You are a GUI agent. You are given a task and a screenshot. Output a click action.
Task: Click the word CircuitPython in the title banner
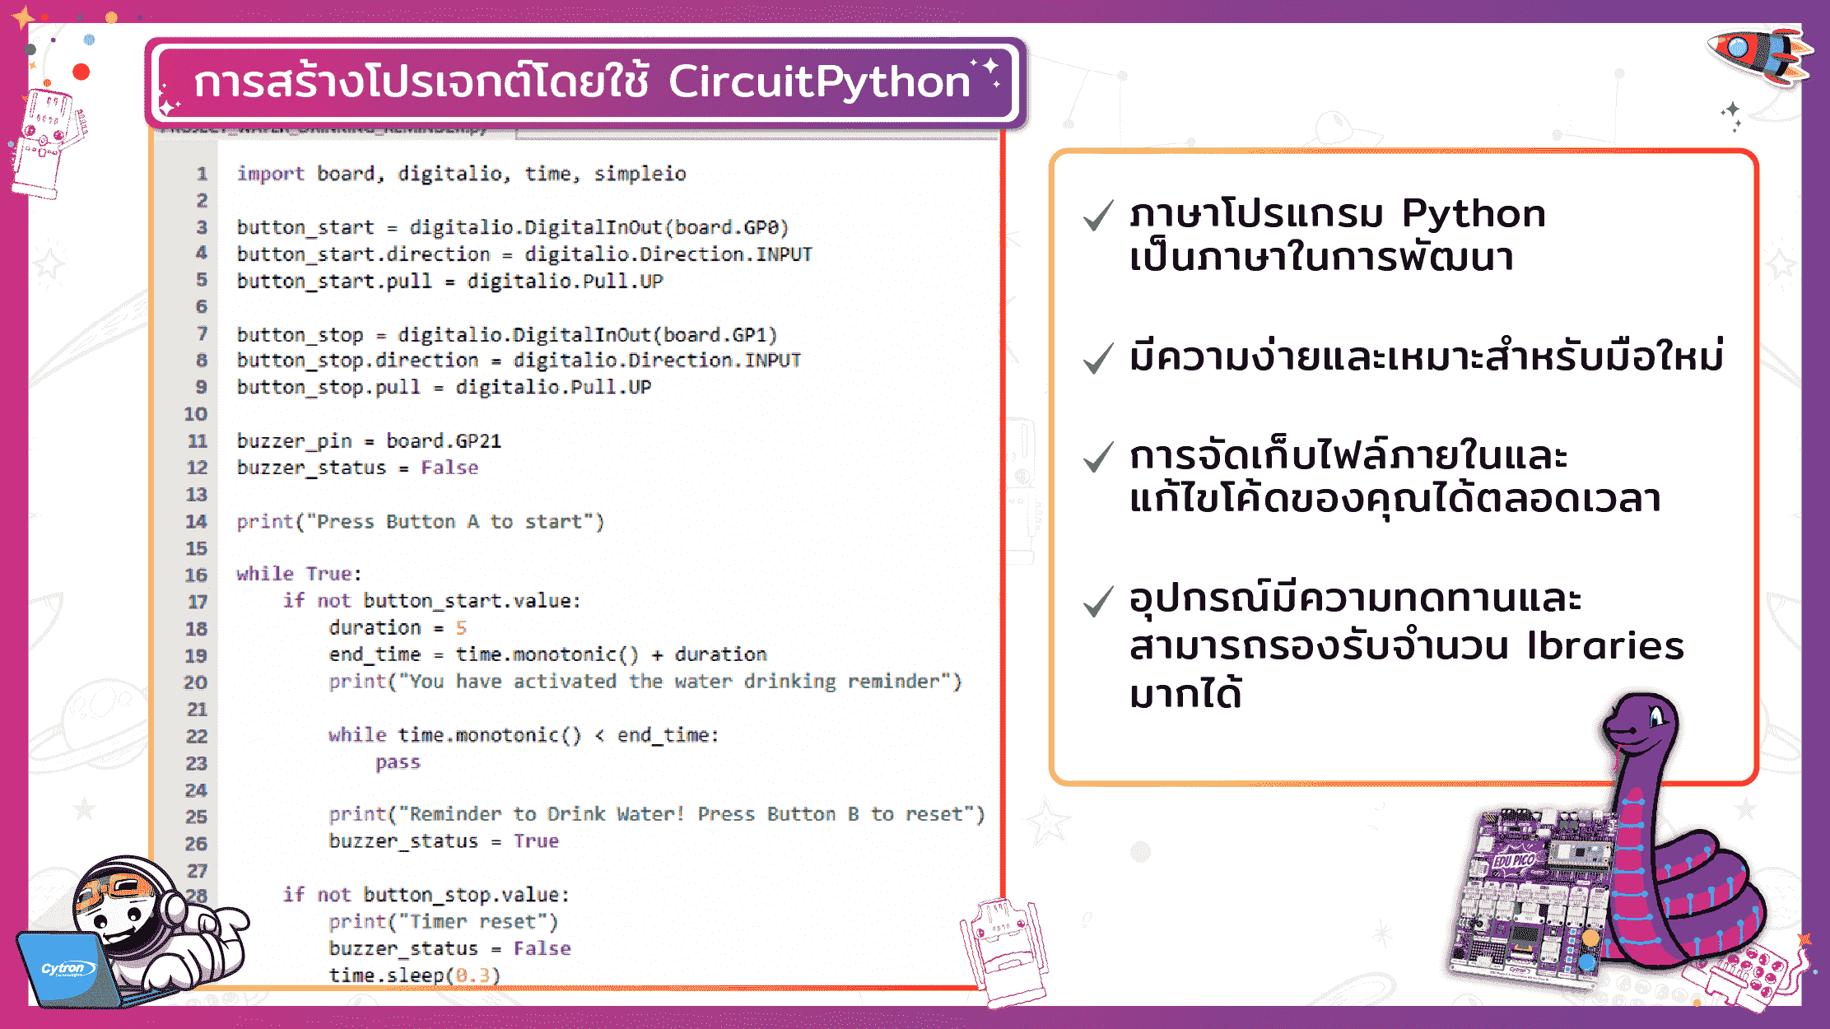[x=819, y=81]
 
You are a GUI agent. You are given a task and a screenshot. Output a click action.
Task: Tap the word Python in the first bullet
[x=1473, y=214]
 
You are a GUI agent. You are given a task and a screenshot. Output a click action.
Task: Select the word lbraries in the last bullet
[x=1604, y=646]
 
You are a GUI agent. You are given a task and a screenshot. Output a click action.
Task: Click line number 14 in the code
[x=196, y=522]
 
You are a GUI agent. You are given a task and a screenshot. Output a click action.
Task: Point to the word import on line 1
[x=270, y=174]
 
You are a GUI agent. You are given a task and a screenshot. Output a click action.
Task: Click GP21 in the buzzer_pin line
[x=477, y=441]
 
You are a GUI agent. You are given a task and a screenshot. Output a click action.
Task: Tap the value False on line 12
[x=449, y=468]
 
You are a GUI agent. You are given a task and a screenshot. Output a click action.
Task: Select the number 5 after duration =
[x=461, y=628]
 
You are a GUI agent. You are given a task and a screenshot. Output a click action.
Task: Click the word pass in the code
[x=398, y=762]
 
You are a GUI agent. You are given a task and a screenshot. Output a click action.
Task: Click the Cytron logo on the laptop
[x=63, y=969]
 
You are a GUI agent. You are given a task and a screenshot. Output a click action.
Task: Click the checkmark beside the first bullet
[x=1099, y=216]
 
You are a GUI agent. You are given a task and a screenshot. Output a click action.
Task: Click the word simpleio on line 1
[x=640, y=174]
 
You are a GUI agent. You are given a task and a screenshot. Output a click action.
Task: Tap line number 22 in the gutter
[x=196, y=736]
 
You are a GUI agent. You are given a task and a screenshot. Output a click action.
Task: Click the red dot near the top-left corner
[x=81, y=72]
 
